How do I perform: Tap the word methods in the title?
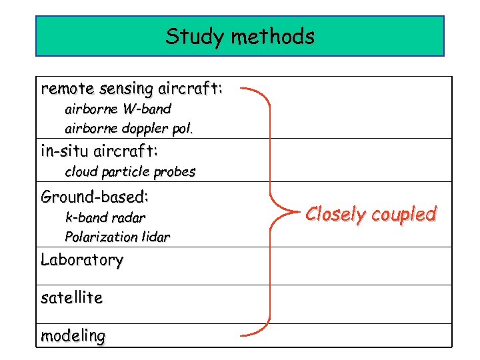273,36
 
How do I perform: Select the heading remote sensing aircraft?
131,89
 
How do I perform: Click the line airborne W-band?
118,109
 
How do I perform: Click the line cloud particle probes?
130,172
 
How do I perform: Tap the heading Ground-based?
95,197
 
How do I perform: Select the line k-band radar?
105,217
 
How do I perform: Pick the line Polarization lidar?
117,237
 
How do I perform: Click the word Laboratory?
82,260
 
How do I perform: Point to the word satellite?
71,298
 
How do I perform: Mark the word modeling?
73,336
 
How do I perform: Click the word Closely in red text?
335,215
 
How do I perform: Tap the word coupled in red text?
404,215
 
